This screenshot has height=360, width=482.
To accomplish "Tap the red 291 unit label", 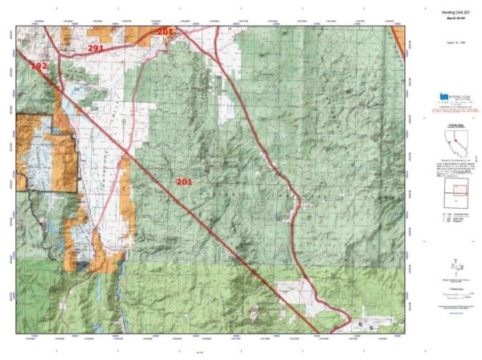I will (x=96, y=48).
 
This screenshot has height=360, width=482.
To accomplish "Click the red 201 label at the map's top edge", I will (x=165, y=31).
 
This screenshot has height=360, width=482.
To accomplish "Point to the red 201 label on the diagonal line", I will (x=184, y=182).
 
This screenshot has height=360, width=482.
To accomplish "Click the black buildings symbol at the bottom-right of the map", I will (x=360, y=325).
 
